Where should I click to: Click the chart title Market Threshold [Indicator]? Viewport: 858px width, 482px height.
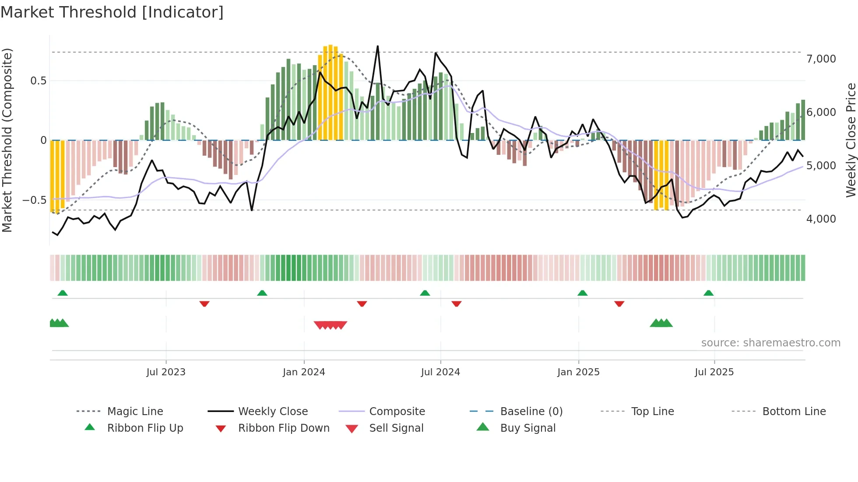pos(112,12)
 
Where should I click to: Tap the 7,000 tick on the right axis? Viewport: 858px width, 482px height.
pos(821,59)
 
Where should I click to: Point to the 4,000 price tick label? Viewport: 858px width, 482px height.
pos(821,219)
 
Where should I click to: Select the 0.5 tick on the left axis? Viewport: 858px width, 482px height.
pos(38,81)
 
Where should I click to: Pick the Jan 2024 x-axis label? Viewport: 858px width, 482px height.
pos(304,372)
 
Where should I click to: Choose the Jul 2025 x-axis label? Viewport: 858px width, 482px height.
pos(714,372)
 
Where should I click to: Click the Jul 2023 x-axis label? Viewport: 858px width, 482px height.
pos(166,372)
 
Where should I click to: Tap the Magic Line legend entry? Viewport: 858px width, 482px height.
pos(135,412)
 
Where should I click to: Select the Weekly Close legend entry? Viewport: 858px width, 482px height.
pos(273,412)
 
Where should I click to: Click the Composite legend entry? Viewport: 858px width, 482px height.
pos(397,412)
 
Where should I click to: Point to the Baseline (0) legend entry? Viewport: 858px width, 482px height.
pos(531,412)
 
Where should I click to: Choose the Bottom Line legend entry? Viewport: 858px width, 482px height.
pos(794,412)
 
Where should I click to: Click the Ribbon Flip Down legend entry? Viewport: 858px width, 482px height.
pos(283,428)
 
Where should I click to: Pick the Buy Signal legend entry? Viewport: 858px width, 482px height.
pos(527,428)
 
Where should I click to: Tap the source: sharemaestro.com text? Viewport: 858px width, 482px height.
pos(770,343)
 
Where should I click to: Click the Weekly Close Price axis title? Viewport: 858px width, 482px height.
pos(851,140)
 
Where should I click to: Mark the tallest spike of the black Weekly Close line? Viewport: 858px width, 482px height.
pos(377,46)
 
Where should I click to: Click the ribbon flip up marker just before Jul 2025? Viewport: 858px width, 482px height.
pos(708,293)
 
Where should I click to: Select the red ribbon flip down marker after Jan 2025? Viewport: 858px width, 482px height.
pos(619,304)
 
